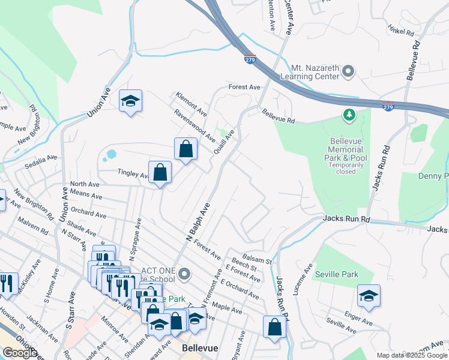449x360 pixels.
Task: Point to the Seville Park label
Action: click(336, 274)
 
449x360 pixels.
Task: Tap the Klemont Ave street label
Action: click(191, 104)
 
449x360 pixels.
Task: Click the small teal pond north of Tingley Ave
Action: click(110, 155)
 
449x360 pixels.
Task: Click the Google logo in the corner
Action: click(20, 353)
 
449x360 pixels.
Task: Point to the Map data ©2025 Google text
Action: click(411, 355)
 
